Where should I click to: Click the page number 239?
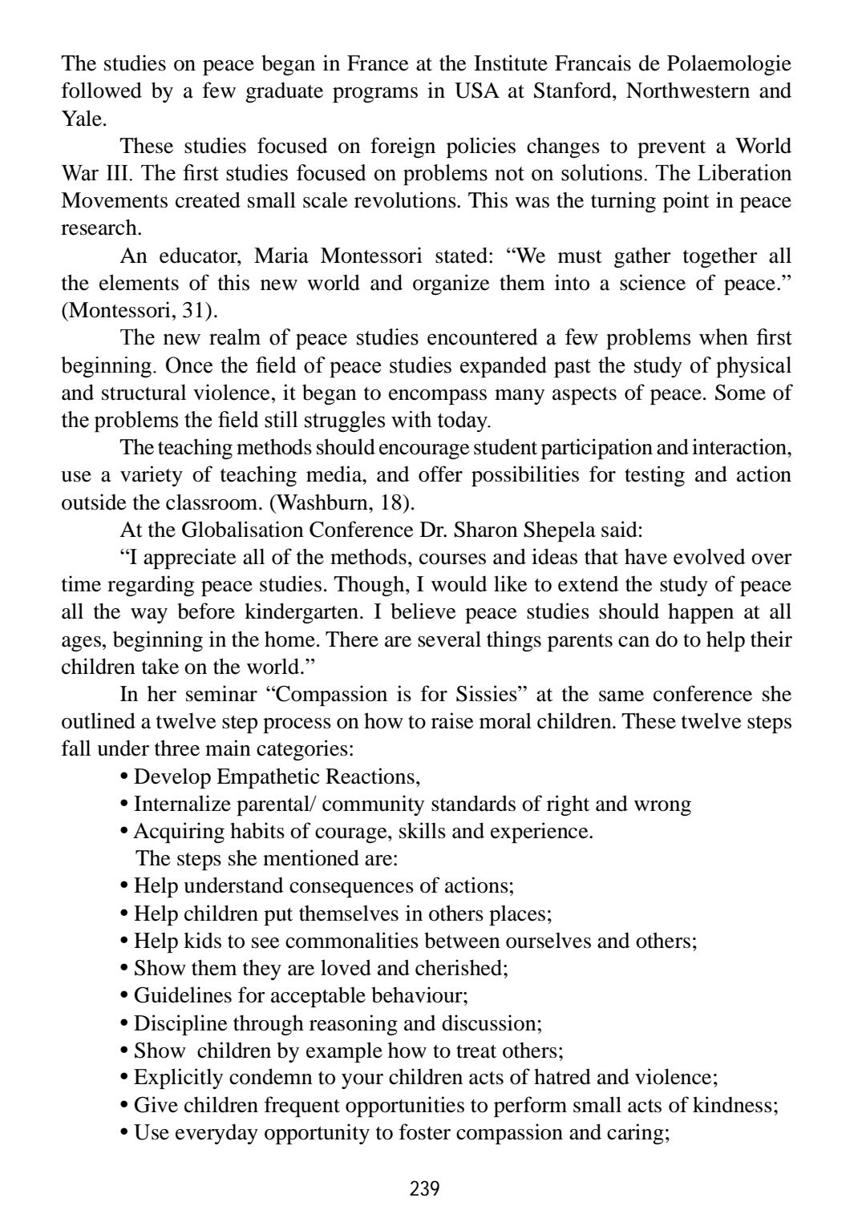click(x=424, y=1188)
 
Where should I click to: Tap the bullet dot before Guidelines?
click(x=124, y=996)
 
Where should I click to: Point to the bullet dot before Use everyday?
click(x=124, y=1133)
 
